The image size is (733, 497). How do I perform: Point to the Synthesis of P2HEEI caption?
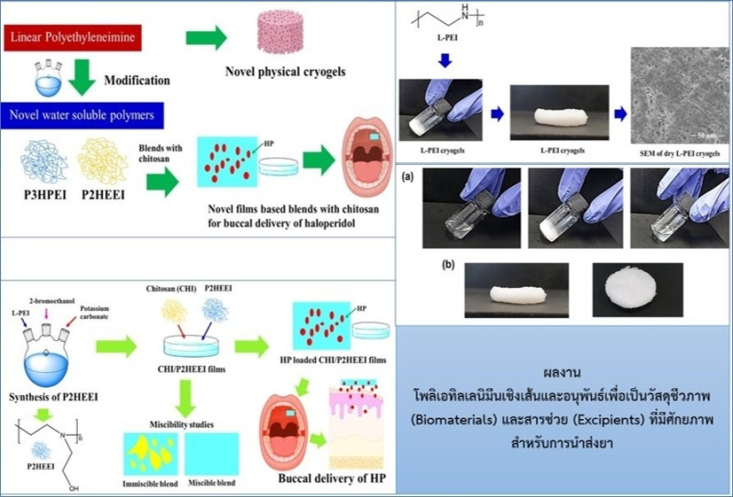[x=52, y=396]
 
